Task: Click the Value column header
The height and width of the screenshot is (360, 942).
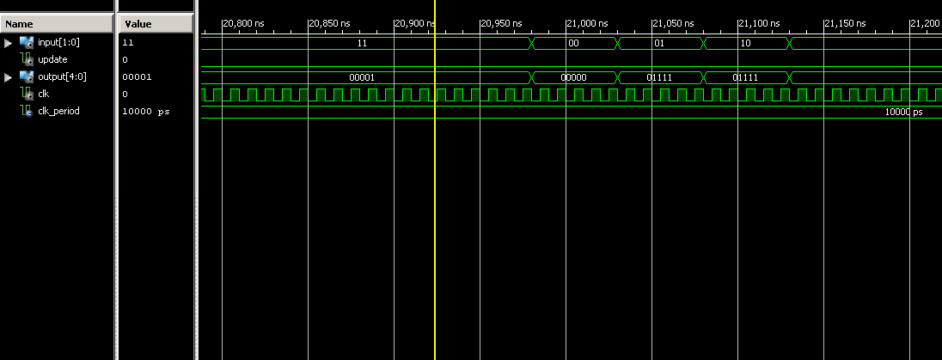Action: (138, 24)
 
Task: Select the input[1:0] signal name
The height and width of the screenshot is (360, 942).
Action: (58, 42)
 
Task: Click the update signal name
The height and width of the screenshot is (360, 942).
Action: (52, 59)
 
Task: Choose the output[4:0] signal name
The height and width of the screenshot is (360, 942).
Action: (62, 76)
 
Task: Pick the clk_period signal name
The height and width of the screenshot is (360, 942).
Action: (58, 111)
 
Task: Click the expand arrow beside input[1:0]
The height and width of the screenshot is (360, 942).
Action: (9, 42)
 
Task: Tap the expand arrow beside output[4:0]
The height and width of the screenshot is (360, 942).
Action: (9, 76)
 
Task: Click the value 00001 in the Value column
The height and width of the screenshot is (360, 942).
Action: (137, 76)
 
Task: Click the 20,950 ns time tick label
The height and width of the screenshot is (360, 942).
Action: (501, 23)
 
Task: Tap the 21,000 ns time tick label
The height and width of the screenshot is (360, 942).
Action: (588, 23)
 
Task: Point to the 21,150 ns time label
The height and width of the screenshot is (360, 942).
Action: (845, 23)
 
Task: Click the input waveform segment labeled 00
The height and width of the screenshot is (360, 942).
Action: (574, 42)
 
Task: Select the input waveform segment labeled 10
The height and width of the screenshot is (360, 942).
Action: (746, 42)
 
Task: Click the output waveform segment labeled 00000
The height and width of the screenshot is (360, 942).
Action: (573, 76)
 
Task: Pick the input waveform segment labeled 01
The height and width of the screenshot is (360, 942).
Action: (660, 42)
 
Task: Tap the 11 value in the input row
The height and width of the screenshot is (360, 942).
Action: (361, 42)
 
